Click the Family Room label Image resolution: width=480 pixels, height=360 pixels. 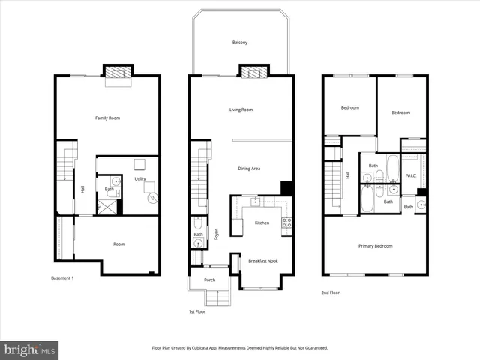(107, 118)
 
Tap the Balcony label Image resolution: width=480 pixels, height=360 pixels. (239, 43)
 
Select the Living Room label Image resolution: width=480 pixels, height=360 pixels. (241, 109)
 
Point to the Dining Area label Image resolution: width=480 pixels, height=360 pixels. (248, 169)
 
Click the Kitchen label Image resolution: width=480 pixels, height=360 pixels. (262, 223)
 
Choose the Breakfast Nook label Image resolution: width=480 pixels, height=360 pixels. (262, 260)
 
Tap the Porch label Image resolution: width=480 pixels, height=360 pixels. (210, 280)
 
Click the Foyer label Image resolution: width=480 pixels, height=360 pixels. (216, 234)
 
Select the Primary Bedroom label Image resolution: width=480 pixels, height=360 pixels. (375, 245)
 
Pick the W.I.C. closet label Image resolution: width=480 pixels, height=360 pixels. (411, 176)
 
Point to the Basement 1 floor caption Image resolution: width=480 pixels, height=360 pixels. (63, 278)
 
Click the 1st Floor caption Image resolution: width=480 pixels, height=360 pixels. (198, 311)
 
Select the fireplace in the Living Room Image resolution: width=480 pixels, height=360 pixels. (253, 72)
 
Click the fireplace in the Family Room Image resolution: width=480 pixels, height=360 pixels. (117, 73)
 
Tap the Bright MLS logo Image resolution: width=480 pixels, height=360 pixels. (29, 349)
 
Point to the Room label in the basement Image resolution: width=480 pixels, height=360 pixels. (118, 244)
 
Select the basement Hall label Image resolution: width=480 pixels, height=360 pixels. (82, 189)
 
